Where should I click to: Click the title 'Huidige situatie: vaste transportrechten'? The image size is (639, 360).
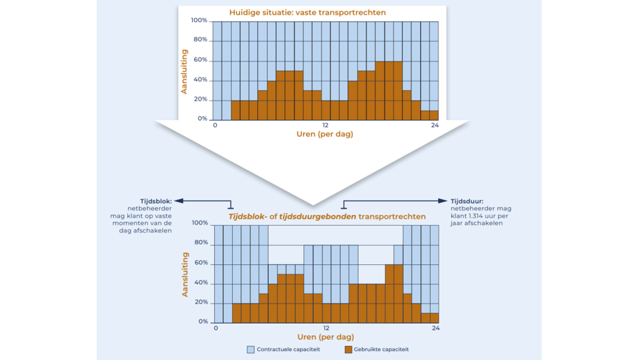click(x=307, y=12)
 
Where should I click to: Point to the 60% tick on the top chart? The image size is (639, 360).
click(x=200, y=60)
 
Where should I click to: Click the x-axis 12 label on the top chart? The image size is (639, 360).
click(x=325, y=126)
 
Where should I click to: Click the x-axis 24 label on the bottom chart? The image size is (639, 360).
click(x=436, y=328)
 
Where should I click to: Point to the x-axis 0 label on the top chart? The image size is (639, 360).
click(x=215, y=126)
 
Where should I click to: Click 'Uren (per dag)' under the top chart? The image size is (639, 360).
click(x=325, y=134)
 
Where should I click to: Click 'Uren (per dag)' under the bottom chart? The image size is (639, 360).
click(x=325, y=336)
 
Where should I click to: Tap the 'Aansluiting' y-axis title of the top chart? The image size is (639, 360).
click(x=185, y=71)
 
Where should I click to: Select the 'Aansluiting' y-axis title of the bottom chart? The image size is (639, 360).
click(x=185, y=274)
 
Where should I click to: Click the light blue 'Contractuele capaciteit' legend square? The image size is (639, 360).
click(x=250, y=349)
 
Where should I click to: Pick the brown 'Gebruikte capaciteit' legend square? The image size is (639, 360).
click(x=348, y=349)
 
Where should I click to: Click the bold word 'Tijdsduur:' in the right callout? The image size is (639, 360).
click(x=467, y=201)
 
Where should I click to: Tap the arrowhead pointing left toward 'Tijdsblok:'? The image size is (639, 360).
click(x=177, y=201)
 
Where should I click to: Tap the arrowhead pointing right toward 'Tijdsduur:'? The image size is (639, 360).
click(x=444, y=201)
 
